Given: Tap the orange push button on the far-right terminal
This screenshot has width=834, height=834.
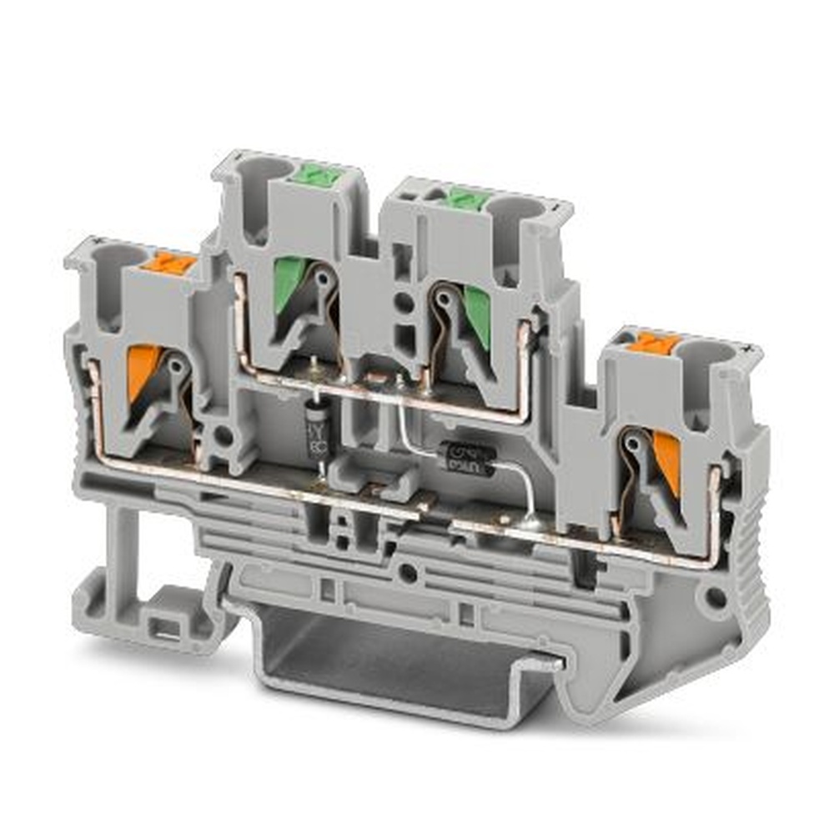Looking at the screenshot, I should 654,341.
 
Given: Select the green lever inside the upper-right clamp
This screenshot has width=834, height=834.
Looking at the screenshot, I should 478,313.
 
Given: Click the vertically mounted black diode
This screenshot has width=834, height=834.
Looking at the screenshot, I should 317,428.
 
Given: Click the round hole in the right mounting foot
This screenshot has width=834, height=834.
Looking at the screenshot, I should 716,597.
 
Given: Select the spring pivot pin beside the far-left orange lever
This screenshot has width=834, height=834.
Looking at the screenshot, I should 178,364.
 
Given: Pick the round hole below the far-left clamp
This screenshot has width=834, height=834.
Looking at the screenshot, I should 223,435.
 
